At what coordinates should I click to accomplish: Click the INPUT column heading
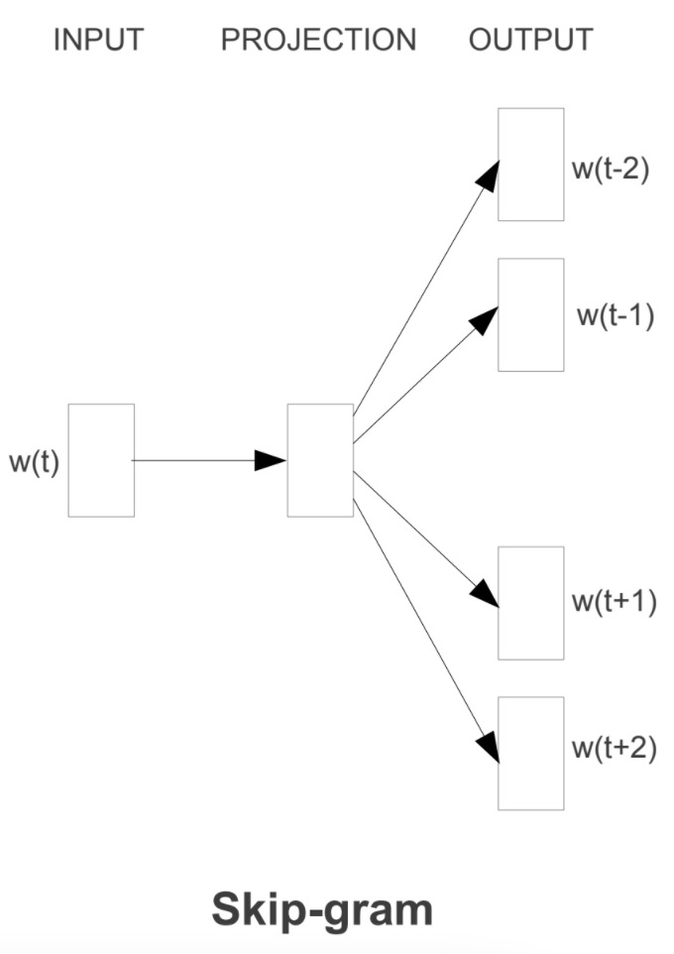pos(98,40)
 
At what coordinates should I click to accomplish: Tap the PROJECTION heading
pos(318,40)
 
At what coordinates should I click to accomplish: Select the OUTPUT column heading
pos(531,40)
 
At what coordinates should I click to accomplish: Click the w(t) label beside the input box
pos(35,463)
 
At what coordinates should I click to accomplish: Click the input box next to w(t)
pos(101,460)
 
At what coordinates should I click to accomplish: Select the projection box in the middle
pos(320,460)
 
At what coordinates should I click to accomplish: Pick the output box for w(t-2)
pos(530,165)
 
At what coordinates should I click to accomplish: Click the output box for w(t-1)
pos(530,314)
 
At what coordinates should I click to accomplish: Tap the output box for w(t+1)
pos(530,603)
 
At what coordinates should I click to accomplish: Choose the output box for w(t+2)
pos(530,753)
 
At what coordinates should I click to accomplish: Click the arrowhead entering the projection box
pos(272,460)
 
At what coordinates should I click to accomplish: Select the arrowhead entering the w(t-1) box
pos(485,318)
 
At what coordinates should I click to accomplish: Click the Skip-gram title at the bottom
pos(322,909)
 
